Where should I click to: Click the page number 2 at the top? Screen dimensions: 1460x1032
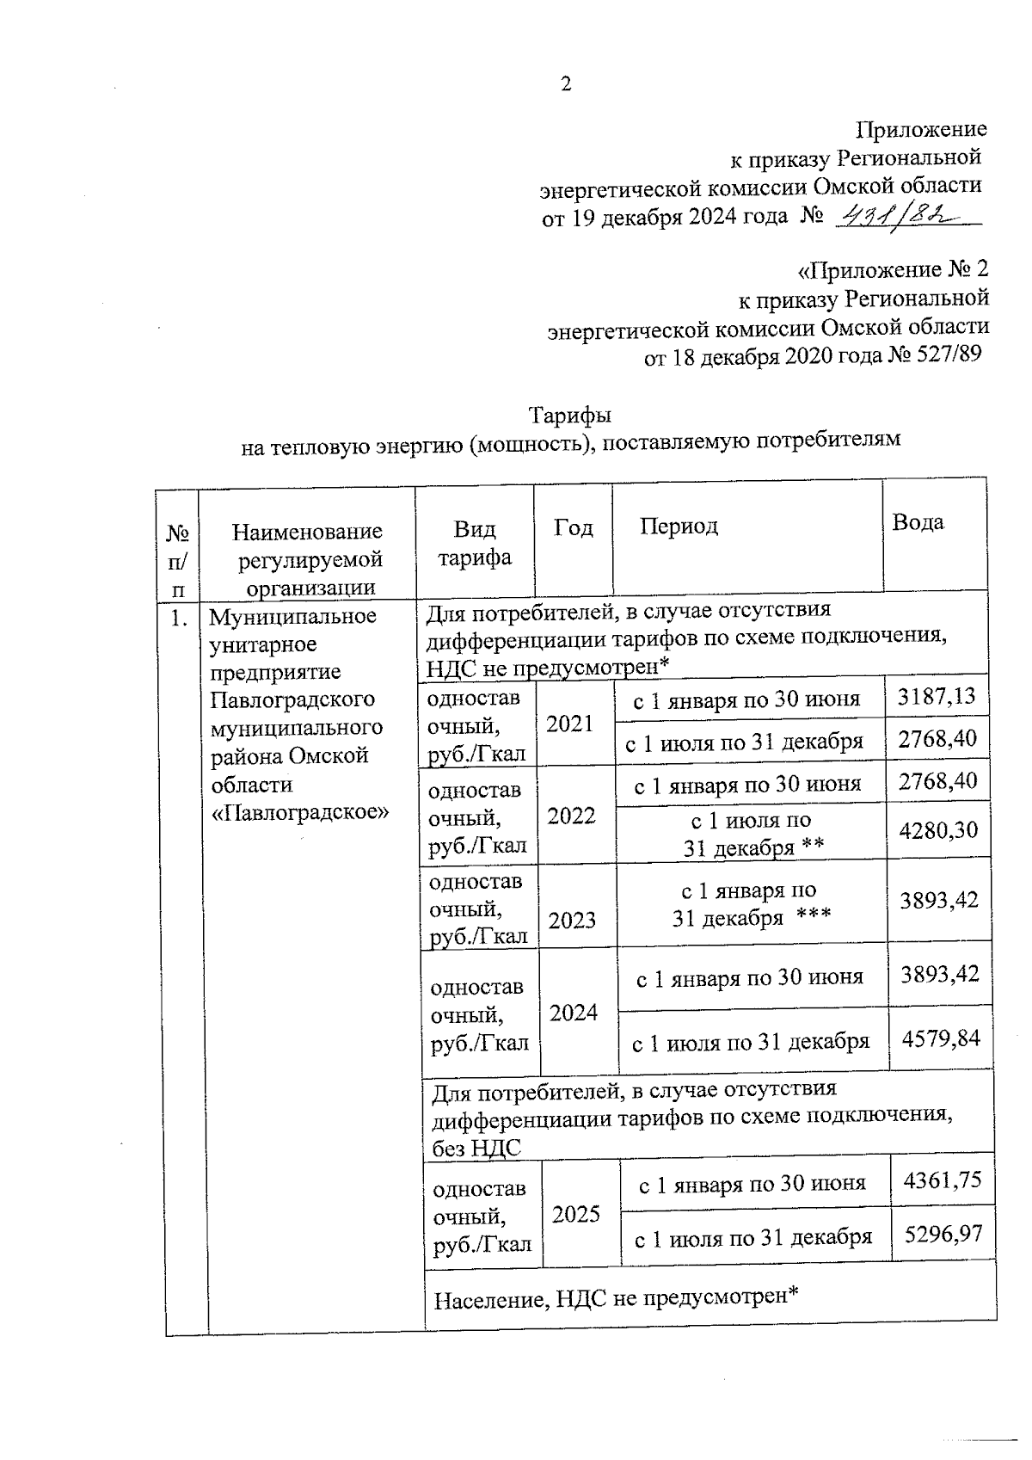tap(565, 84)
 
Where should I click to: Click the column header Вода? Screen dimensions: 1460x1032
tap(918, 522)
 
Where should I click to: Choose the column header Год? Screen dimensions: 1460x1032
tap(573, 527)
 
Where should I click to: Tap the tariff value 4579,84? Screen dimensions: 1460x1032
tap(941, 1038)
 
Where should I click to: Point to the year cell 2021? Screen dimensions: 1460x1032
tap(570, 724)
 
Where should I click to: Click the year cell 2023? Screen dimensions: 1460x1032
tap(572, 921)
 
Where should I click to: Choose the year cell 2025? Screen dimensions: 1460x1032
tap(576, 1214)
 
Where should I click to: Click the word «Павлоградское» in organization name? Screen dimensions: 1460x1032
tap(300, 811)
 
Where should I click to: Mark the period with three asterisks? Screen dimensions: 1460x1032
tap(750, 903)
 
